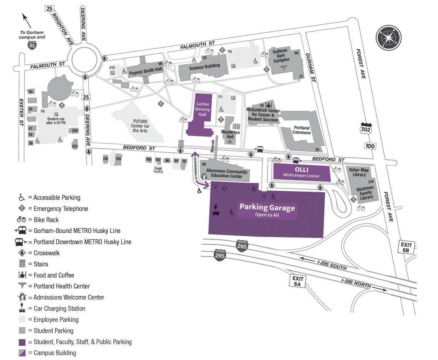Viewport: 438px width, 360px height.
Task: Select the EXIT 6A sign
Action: tap(298, 281)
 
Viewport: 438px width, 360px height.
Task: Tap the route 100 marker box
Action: tap(371, 146)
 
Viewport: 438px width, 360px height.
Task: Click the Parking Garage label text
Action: tap(267, 208)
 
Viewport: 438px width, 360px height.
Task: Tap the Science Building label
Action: tap(204, 66)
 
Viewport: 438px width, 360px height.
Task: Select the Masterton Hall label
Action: tap(231, 135)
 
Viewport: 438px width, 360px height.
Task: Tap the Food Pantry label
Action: tap(158, 170)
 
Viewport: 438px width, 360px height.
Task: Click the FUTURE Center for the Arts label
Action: tap(140, 126)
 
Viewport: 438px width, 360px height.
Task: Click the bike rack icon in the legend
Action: tap(22, 220)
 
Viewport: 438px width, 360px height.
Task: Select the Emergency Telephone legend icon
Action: tap(22, 209)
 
